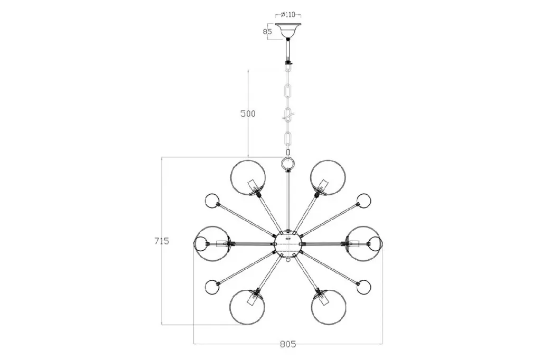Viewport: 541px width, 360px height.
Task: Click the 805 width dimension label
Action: coord(288,344)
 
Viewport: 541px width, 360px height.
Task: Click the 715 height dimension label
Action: coord(162,241)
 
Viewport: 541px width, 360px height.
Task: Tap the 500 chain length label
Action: coord(248,114)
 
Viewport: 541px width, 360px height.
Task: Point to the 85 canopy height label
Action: coord(267,32)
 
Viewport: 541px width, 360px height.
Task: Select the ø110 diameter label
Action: coord(288,14)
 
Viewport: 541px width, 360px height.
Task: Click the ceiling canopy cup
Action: coord(288,30)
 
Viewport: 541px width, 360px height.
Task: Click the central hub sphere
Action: coord(288,243)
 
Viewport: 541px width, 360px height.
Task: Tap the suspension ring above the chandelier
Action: coord(288,163)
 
